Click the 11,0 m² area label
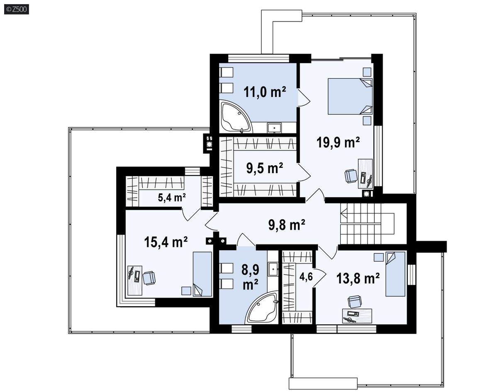pos(265,92)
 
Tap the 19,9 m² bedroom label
pos(338,142)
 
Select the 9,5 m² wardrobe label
pos(265,168)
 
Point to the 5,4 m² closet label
pos(172,198)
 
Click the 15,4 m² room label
pos(166,242)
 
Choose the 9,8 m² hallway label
pos(287,225)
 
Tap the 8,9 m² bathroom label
pos(251,277)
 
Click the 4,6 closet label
pos(306,277)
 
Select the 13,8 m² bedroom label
pos(358,278)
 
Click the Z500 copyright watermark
pos(17,10)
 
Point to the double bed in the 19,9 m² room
pos(350,96)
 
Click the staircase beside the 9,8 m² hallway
pos(367,224)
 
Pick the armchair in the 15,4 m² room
pos(149,278)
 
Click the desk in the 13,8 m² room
pos(357,316)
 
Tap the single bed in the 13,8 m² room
pos(395,274)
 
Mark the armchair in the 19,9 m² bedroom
pos(351,176)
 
